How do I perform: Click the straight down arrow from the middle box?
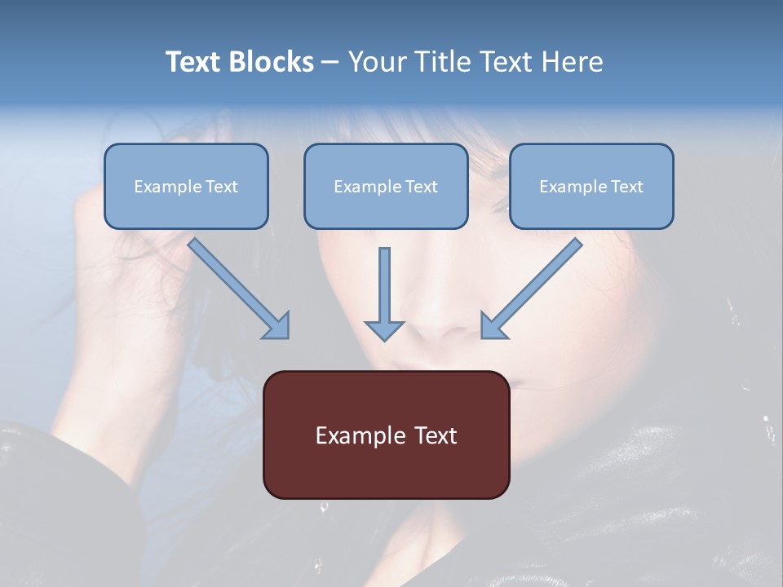tap(384, 293)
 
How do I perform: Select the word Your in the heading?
tap(378, 62)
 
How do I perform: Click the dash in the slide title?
tap(330, 63)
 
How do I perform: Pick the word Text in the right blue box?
tap(626, 187)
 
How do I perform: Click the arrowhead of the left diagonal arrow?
tap(277, 326)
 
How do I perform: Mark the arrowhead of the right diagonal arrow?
tap(493, 325)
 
